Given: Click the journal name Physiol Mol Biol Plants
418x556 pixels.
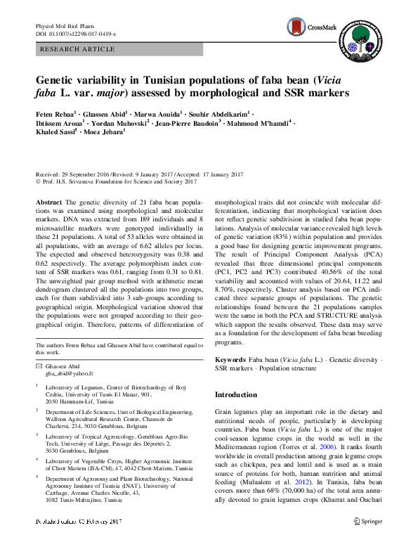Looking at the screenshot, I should (x=67, y=26).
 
